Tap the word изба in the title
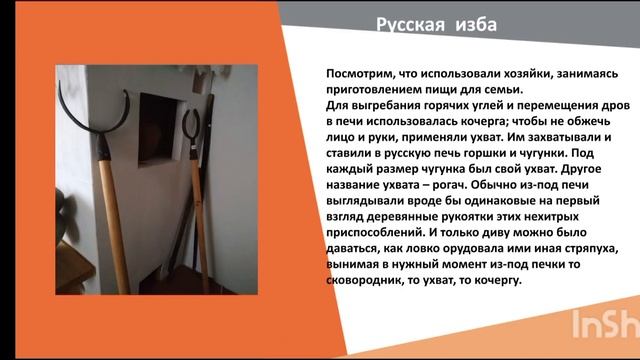tap(470, 24)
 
